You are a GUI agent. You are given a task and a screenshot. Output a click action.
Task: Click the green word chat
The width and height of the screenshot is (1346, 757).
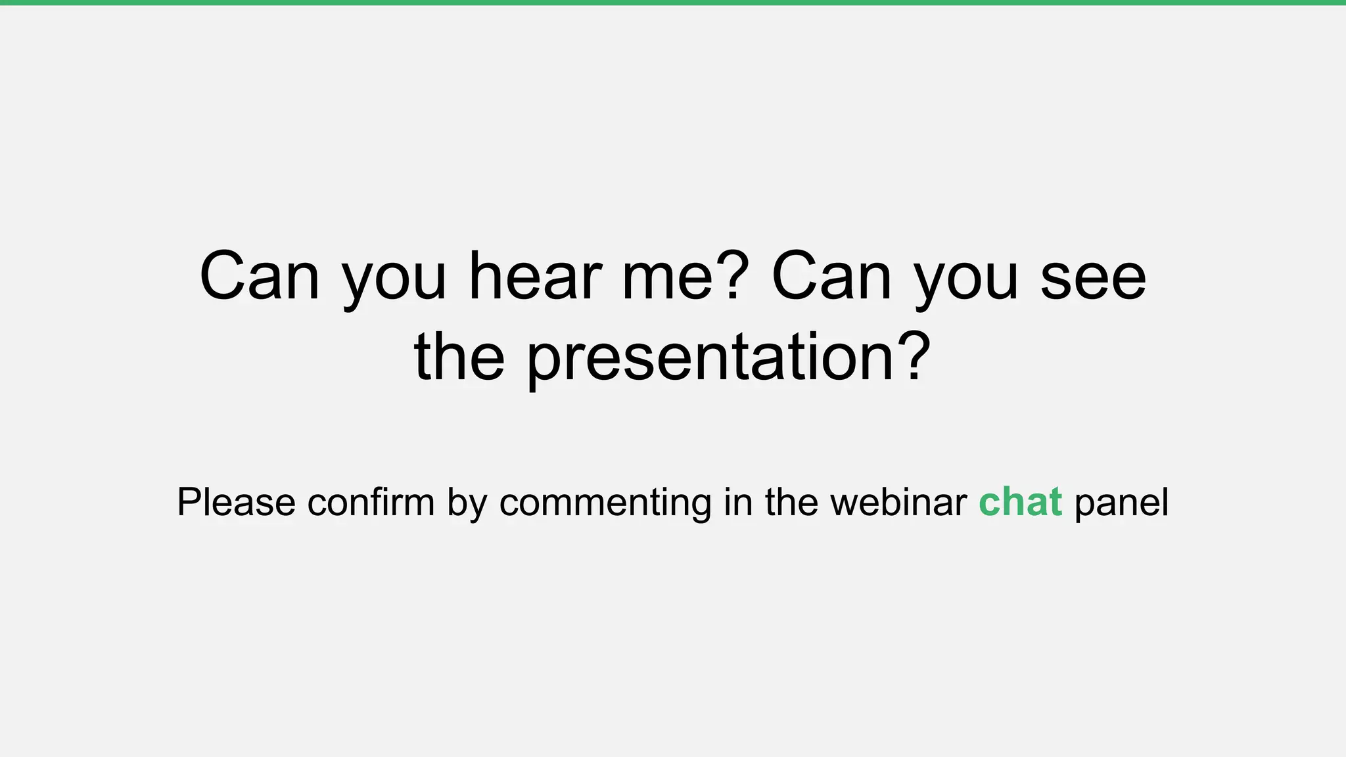click(x=1020, y=503)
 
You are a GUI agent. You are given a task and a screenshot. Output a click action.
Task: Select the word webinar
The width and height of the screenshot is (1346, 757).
click(x=898, y=503)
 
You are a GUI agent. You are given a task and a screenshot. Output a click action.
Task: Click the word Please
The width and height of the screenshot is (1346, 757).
click(x=236, y=503)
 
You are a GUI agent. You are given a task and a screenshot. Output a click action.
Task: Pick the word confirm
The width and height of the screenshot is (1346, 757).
click(x=371, y=503)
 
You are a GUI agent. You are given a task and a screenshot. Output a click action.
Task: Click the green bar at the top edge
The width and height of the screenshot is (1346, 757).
click(x=673, y=3)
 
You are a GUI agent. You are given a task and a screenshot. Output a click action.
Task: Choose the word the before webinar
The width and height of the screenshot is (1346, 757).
click(x=791, y=503)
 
